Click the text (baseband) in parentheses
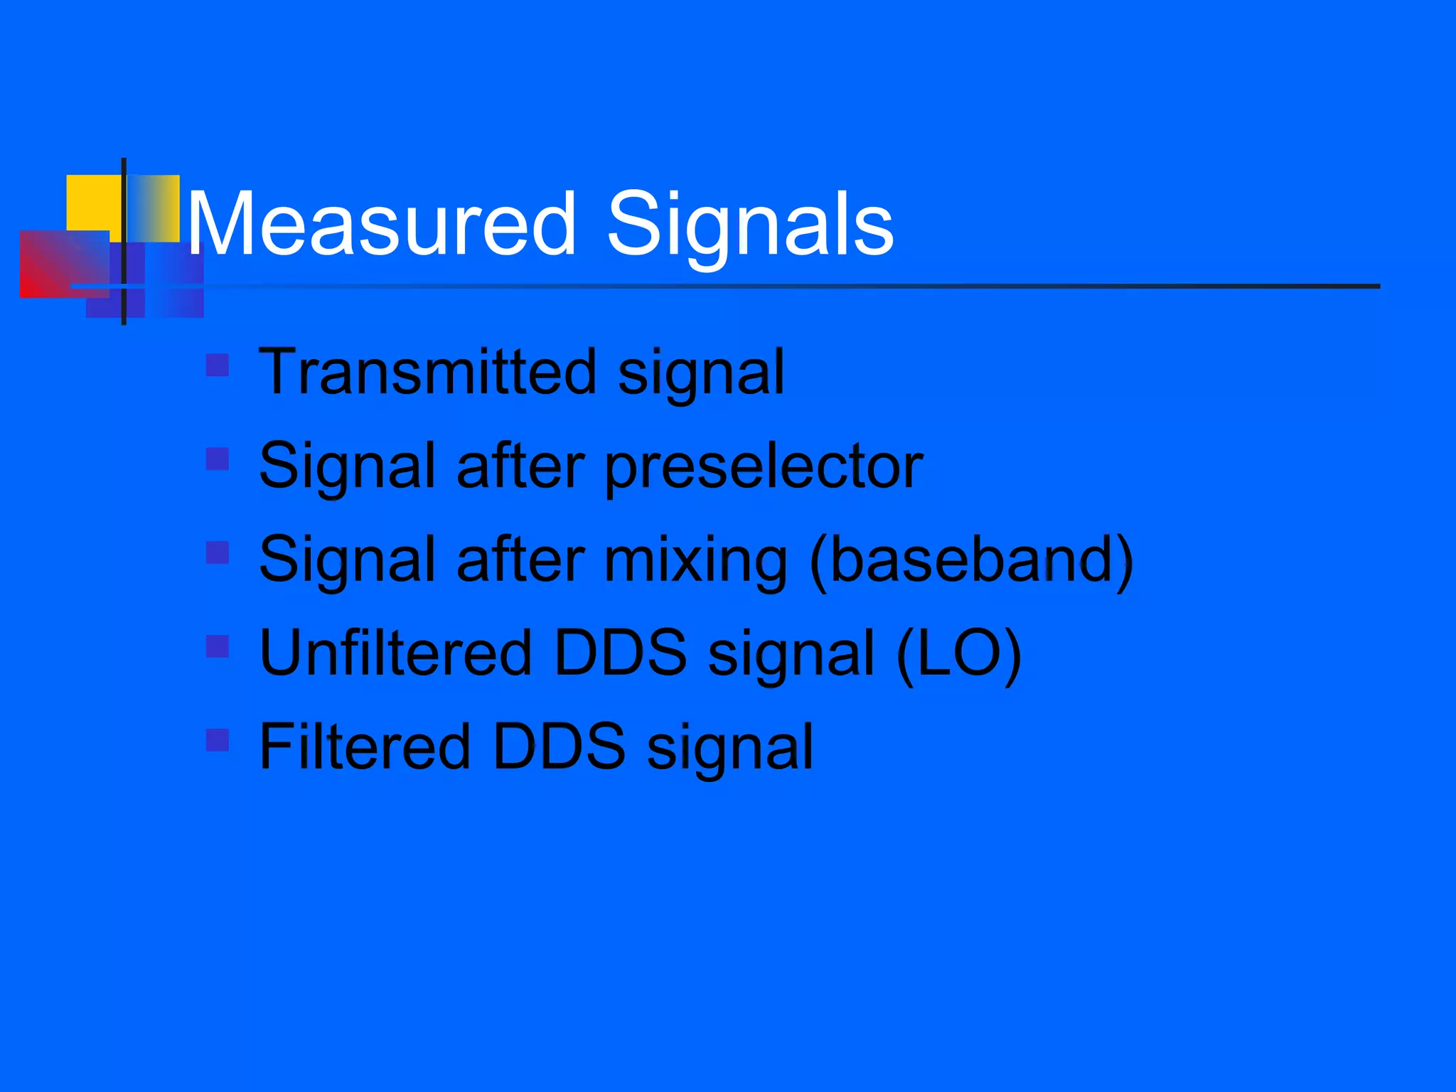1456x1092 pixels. pos(971,560)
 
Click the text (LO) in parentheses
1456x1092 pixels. pos(958,654)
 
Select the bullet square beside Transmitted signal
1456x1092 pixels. pos(218,365)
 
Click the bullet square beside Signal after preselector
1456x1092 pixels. pos(218,459)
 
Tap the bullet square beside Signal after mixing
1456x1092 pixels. pos(218,552)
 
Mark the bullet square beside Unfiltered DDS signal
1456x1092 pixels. pos(218,646)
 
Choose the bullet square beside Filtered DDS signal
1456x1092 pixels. pos(218,740)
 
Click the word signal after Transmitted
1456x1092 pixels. pos(701,373)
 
